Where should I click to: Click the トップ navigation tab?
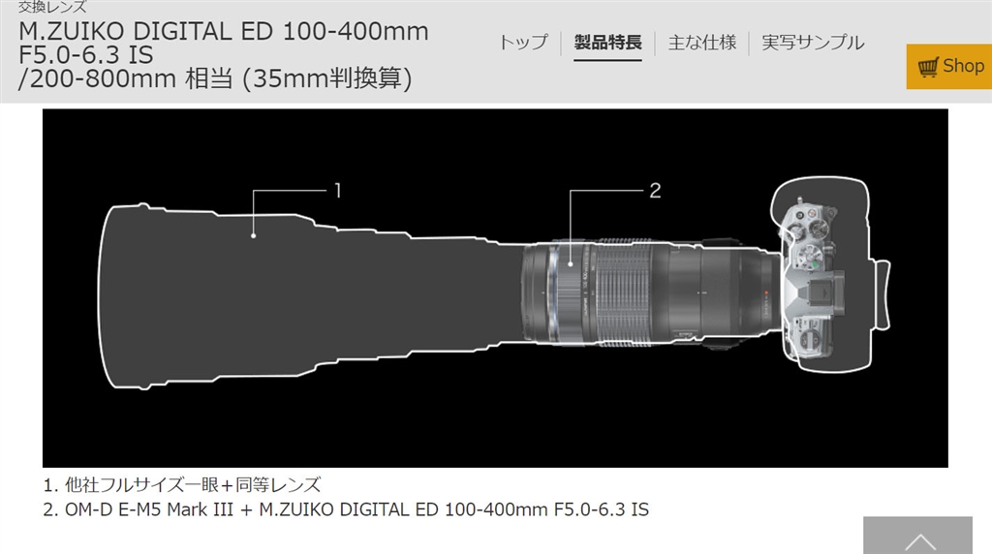(524, 43)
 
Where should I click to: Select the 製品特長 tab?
(607, 43)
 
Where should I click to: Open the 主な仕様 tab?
(701, 43)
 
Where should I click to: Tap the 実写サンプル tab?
(813, 43)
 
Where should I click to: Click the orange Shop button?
(949, 67)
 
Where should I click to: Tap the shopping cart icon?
(928, 67)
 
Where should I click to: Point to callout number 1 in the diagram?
(338, 191)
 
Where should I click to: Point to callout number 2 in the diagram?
(656, 191)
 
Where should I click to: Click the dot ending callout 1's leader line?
(253, 236)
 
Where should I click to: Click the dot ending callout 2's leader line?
(570, 264)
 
